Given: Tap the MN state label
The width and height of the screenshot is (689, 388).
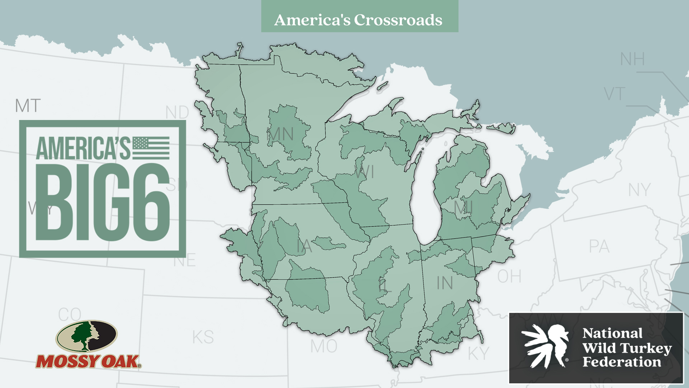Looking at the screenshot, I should click(x=280, y=135).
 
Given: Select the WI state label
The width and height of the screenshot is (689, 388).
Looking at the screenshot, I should click(x=364, y=172).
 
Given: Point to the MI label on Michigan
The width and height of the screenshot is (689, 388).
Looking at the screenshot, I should click(x=463, y=207).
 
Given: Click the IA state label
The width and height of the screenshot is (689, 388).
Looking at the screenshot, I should click(x=304, y=247).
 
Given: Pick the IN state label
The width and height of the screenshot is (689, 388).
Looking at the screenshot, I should click(x=445, y=283).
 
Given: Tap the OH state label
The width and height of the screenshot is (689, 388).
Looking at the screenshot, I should click(x=509, y=277).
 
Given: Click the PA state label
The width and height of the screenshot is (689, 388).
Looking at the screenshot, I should click(x=599, y=247).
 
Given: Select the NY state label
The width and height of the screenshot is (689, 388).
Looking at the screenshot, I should click(x=639, y=190).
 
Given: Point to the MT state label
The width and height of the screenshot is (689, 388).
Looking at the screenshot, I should click(x=28, y=106).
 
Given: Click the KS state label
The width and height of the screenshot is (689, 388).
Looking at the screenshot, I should click(x=203, y=337).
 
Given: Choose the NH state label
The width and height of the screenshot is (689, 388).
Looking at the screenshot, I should click(x=632, y=59).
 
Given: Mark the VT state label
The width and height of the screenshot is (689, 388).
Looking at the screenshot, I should click(x=614, y=94).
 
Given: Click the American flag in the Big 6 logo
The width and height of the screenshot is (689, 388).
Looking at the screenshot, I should click(x=151, y=148).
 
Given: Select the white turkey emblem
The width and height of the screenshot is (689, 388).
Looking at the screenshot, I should click(x=546, y=346).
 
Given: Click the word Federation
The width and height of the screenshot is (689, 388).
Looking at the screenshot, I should click(x=622, y=362).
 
